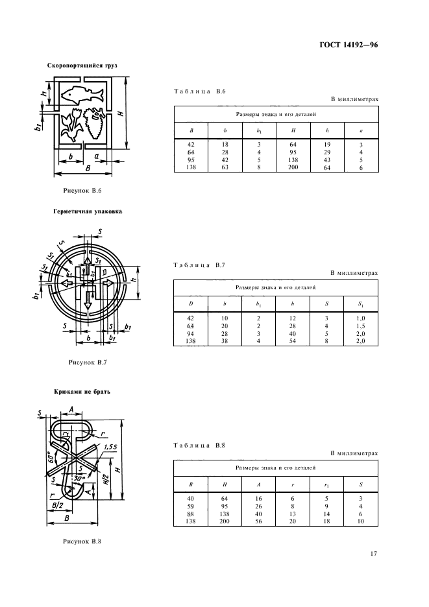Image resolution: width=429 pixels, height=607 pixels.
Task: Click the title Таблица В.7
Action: click(x=199, y=265)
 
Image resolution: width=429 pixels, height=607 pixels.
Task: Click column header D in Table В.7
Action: click(x=191, y=303)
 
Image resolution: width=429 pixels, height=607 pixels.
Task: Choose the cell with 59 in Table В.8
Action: click(x=191, y=505)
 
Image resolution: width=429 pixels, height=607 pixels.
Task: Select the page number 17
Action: click(x=374, y=553)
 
